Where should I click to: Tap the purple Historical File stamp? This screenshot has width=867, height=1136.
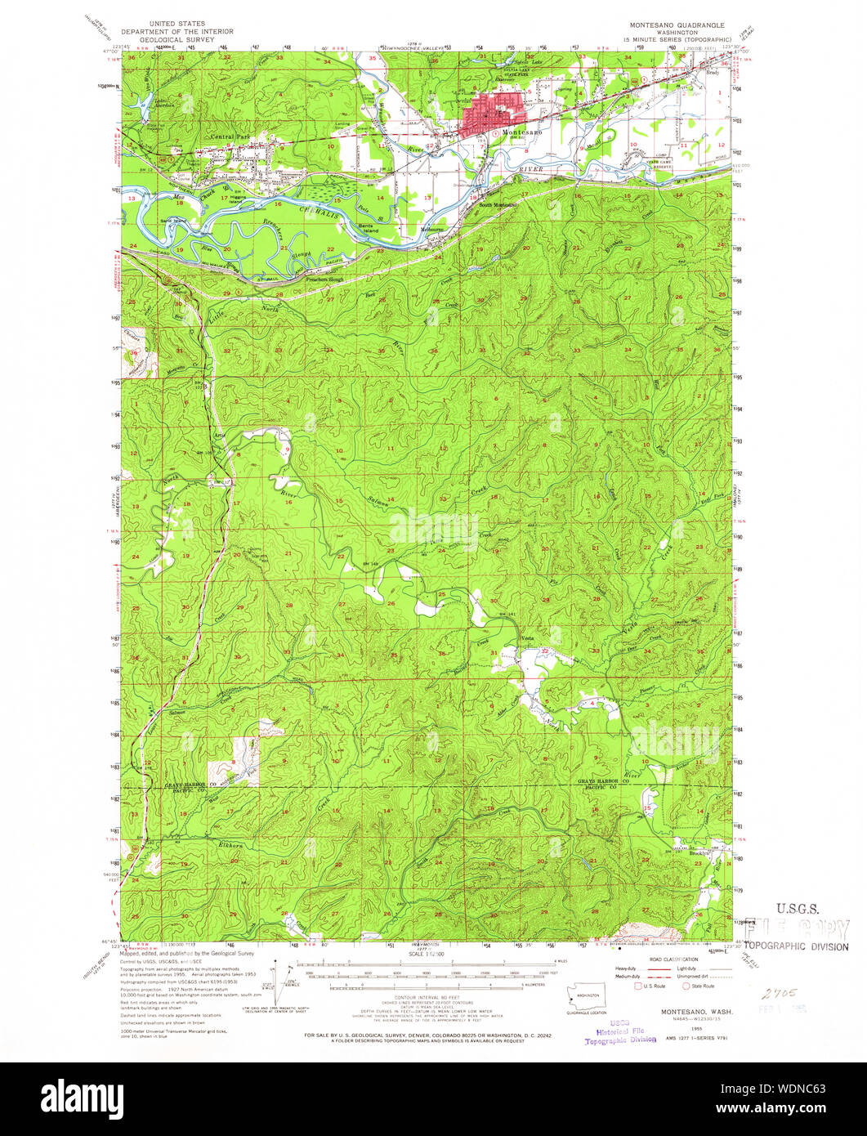click(x=620, y=1031)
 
